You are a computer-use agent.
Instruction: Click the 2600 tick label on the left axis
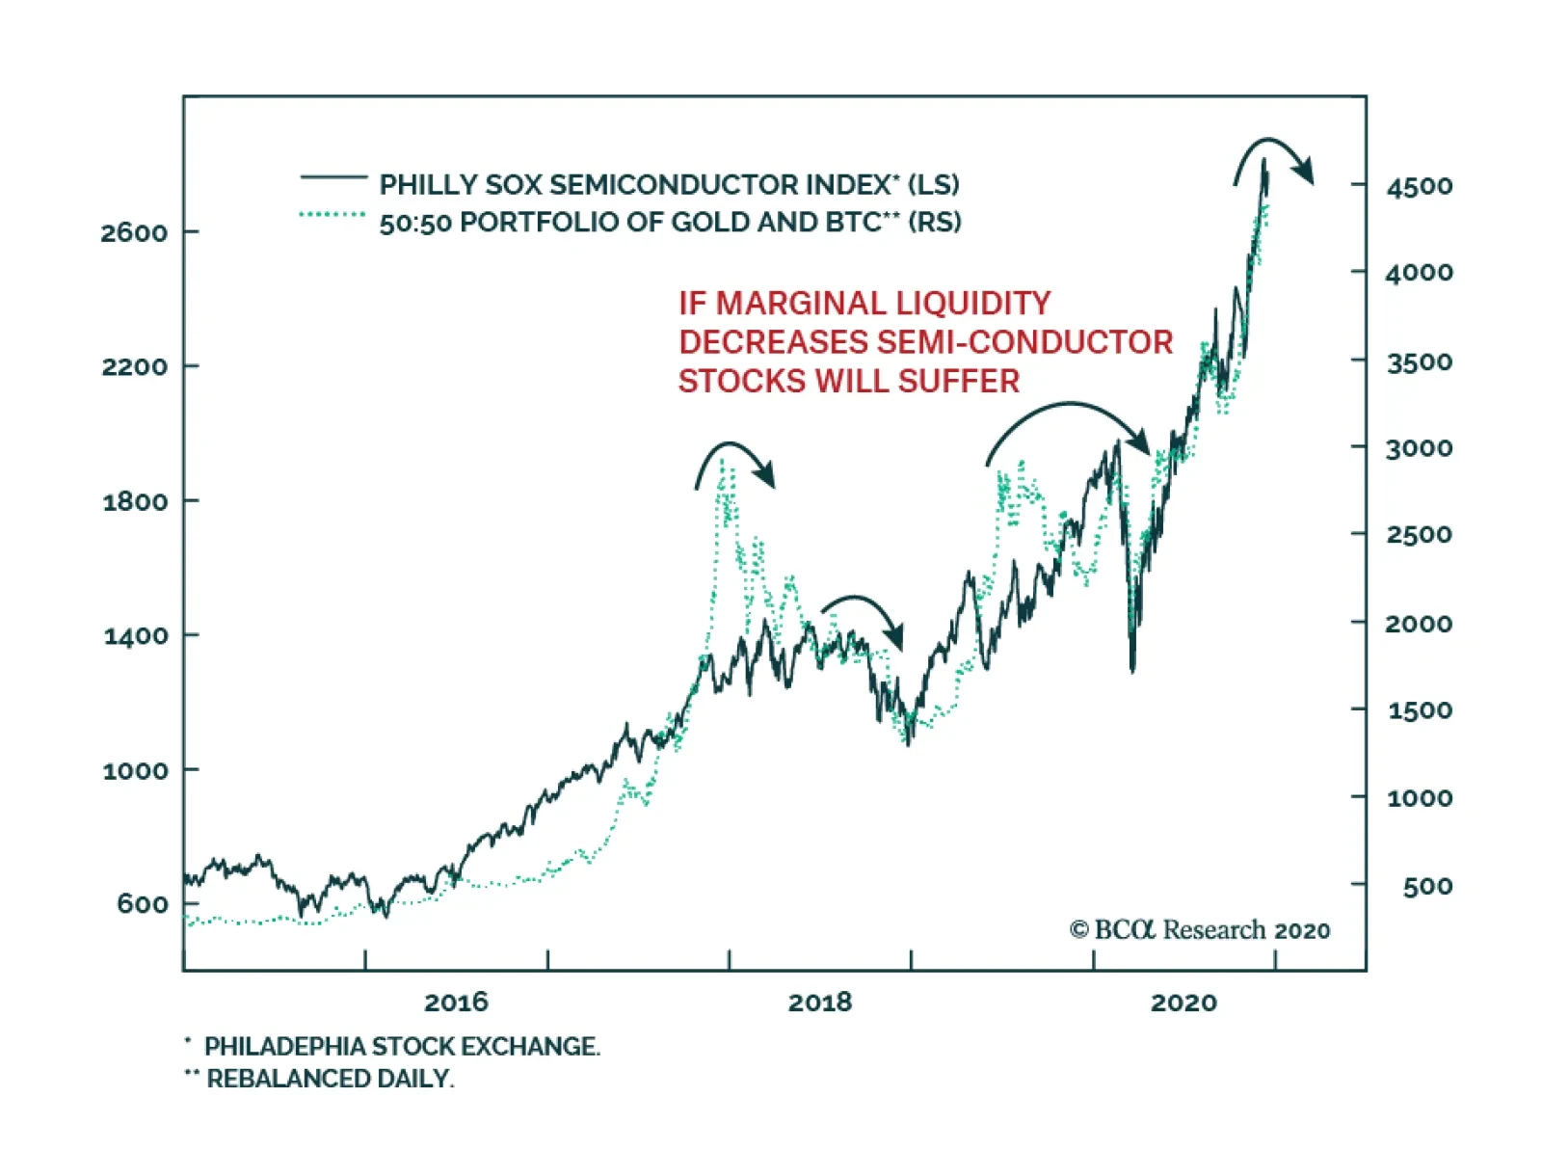pos(134,232)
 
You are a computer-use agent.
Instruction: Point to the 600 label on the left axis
pos(142,904)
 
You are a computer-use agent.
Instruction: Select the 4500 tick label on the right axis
pos(1419,186)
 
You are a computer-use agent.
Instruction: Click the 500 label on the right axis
pos(1427,886)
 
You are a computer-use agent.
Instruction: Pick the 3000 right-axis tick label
pos(1419,448)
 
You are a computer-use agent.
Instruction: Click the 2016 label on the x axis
pos(456,1003)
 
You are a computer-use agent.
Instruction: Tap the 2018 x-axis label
pos(820,1003)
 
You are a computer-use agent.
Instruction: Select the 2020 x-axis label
pos(1183,1003)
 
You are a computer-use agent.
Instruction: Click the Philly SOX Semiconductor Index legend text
pos(669,184)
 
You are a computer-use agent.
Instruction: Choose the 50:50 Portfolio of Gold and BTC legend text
pos(670,223)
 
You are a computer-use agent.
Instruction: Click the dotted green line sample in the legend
pos(332,214)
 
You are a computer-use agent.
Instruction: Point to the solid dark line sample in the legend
pos(333,177)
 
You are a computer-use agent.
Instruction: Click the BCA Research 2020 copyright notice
pos(1200,929)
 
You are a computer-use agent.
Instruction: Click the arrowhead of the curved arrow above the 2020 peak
pos(1304,174)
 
